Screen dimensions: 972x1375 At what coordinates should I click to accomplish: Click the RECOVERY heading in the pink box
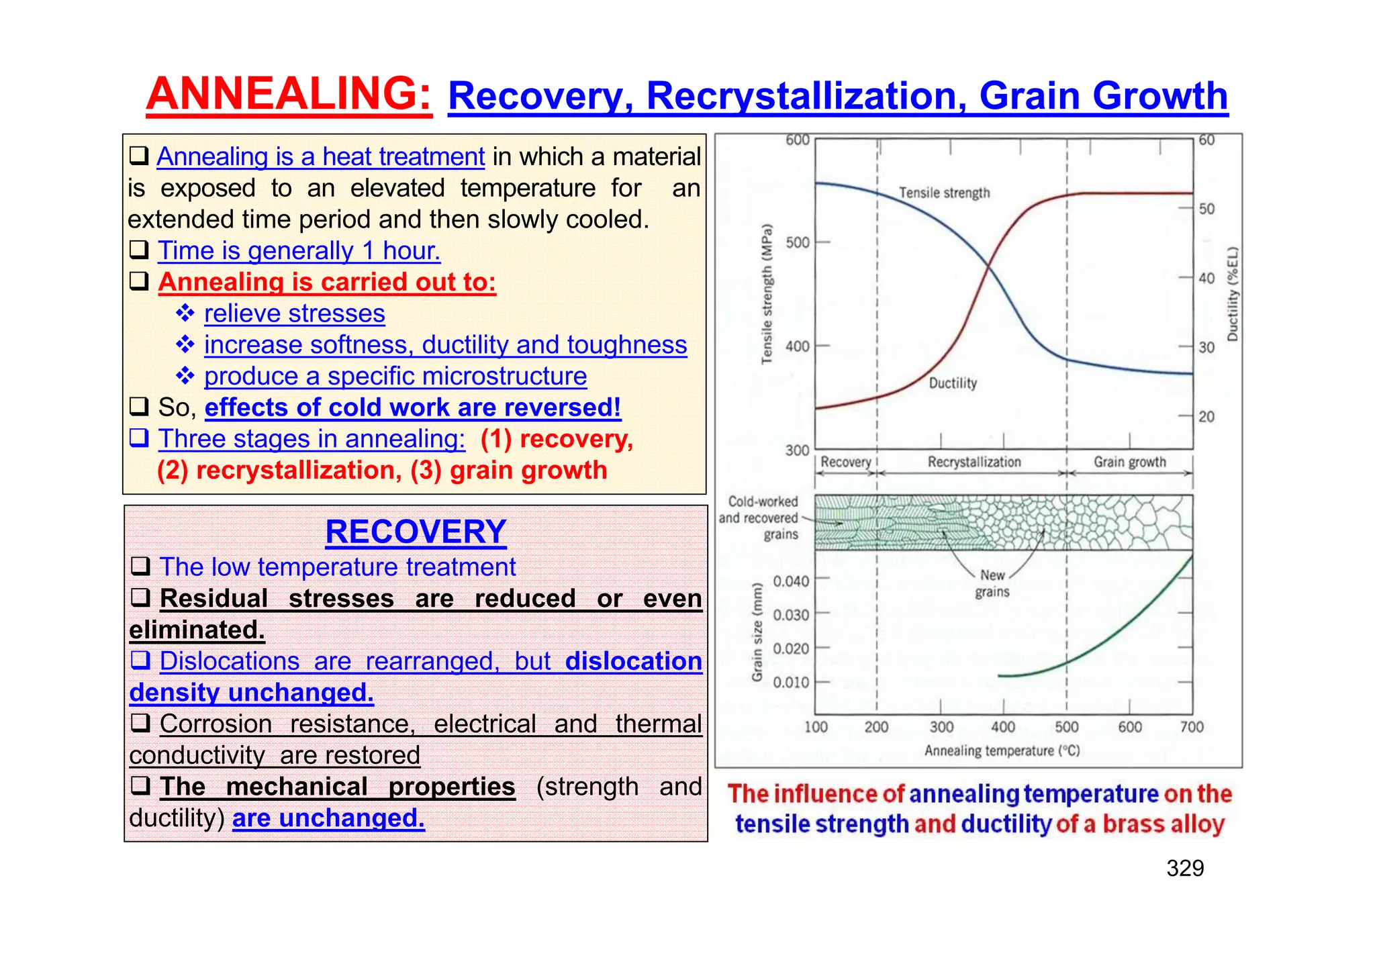click(x=416, y=532)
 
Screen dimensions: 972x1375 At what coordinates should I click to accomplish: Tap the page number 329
click(x=1185, y=869)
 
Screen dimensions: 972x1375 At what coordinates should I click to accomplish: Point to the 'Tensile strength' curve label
click(x=944, y=193)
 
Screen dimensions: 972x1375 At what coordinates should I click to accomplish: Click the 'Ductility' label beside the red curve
click(x=953, y=383)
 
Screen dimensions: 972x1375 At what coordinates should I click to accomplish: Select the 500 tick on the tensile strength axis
click(x=798, y=242)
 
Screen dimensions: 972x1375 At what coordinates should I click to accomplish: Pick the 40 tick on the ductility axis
click(x=1206, y=278)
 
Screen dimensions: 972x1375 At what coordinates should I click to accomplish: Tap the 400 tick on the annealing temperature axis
click(x=1003, y=727)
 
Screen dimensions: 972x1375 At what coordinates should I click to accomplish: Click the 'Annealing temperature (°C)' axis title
click(x=1002, y=750)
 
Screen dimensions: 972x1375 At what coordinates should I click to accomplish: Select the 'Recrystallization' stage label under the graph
click(x=974, y=462)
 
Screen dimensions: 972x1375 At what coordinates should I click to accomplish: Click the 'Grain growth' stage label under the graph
click(x=1130, y=462)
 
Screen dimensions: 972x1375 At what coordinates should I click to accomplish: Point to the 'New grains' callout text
click(x=992, y=583)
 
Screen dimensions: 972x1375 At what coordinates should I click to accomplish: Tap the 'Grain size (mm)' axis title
click(x=757, y=632)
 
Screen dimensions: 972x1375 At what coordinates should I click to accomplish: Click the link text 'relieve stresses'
click(x=294, y=313)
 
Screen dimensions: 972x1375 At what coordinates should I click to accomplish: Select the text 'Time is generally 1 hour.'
click(x=299, y=251)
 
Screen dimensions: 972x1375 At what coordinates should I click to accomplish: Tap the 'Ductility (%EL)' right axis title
click(x=1232, y=294)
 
